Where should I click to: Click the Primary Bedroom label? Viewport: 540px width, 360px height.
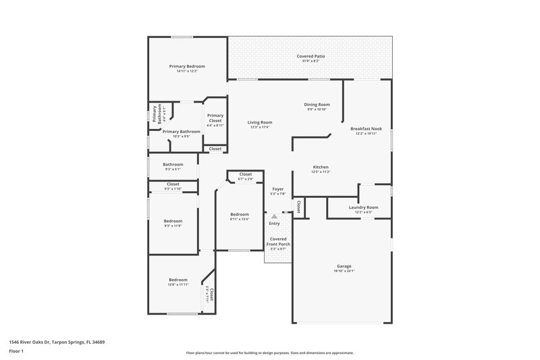(187, 66)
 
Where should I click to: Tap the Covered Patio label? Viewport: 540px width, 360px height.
(310, 56)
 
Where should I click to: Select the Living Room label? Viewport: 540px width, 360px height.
(260, 122)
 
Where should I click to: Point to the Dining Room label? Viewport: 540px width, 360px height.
(317, 105)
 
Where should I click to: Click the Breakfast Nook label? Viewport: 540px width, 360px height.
(367, 128)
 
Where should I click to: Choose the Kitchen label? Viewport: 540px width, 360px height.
(320, 167)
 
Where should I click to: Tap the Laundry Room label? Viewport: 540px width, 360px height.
(363, 207)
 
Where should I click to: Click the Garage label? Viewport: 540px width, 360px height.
(344, 266)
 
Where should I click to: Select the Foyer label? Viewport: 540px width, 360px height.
(278, 189)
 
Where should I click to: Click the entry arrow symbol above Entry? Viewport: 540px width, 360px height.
(274, 217)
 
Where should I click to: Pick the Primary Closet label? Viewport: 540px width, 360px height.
(215, 118)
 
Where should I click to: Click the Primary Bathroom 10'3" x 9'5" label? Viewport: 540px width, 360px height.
(181, 131)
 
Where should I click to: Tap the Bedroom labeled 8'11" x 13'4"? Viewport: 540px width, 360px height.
(240, 214)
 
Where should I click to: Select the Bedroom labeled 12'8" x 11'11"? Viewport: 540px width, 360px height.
(178, 280)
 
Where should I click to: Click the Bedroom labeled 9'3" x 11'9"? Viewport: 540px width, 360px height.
(173, 221)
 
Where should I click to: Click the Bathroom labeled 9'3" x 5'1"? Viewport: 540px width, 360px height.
(173, 164)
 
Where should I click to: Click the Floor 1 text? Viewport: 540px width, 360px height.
(17, 351)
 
